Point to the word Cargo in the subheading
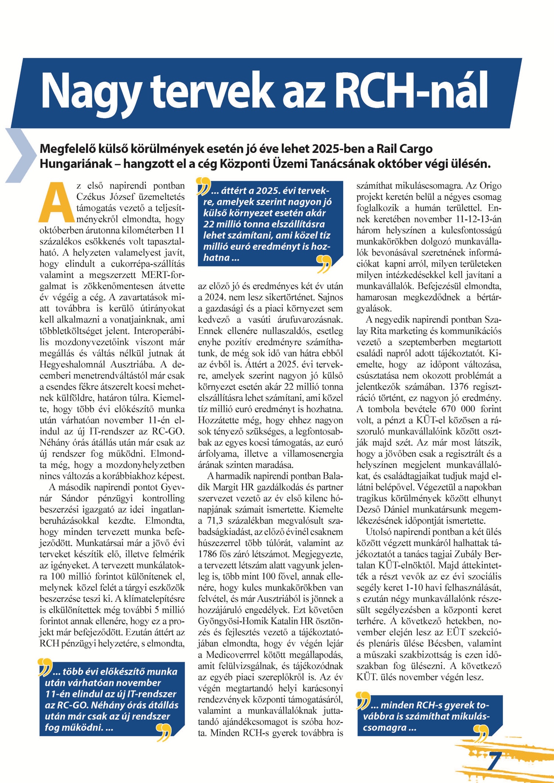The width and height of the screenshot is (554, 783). [x=414, y=149]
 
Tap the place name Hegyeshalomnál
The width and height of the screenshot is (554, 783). [x=73, y=364]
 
